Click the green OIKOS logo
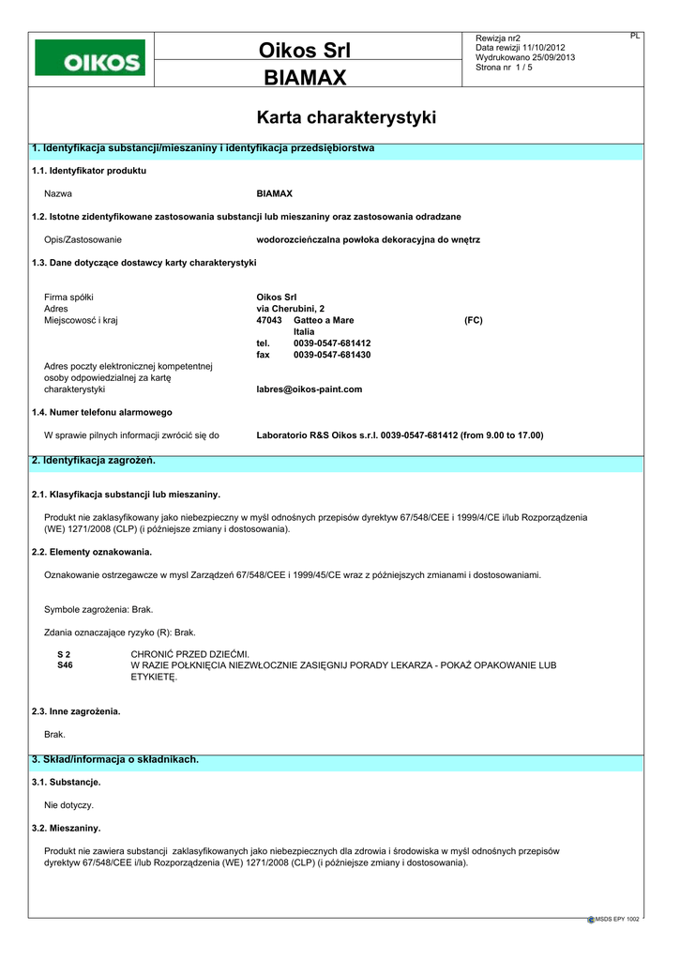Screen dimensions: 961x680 tap(90, 58)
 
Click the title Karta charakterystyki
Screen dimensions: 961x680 tap(346, 117)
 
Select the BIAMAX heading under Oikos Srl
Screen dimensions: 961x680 tap(305, 77)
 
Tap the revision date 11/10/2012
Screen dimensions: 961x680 tap(545, 48)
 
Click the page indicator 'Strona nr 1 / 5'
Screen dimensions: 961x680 tap(505, 68)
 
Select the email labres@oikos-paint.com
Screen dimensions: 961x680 tap(309, 389)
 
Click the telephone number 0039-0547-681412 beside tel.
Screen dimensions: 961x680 tap(332, 343)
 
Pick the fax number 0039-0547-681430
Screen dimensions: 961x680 tap(332, 355)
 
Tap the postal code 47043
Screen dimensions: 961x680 tap(269, 320)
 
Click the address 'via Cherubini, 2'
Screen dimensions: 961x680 tap(291, 309)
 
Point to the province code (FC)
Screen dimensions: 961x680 tap(474, 320)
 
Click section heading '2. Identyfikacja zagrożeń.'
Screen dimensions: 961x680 tap(93, 461)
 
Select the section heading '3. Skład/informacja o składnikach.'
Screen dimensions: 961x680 tap(115, 759)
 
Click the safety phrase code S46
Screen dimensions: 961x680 tap(65, 664)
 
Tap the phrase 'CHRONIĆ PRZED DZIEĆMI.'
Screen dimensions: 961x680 tap(190, 653)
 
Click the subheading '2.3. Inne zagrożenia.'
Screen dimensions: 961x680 tap(76, 711)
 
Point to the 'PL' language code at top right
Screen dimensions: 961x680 tap(635, 36)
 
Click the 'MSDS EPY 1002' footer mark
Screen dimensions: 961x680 tap(616, 920)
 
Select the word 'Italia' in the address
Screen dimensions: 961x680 tap(304, 332)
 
